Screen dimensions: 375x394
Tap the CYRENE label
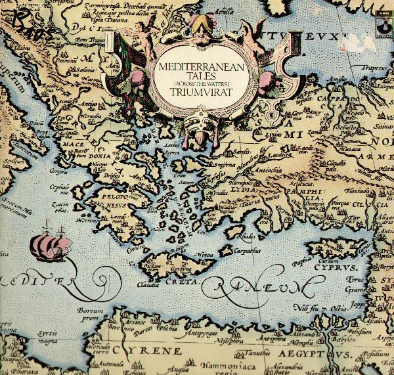159,351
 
